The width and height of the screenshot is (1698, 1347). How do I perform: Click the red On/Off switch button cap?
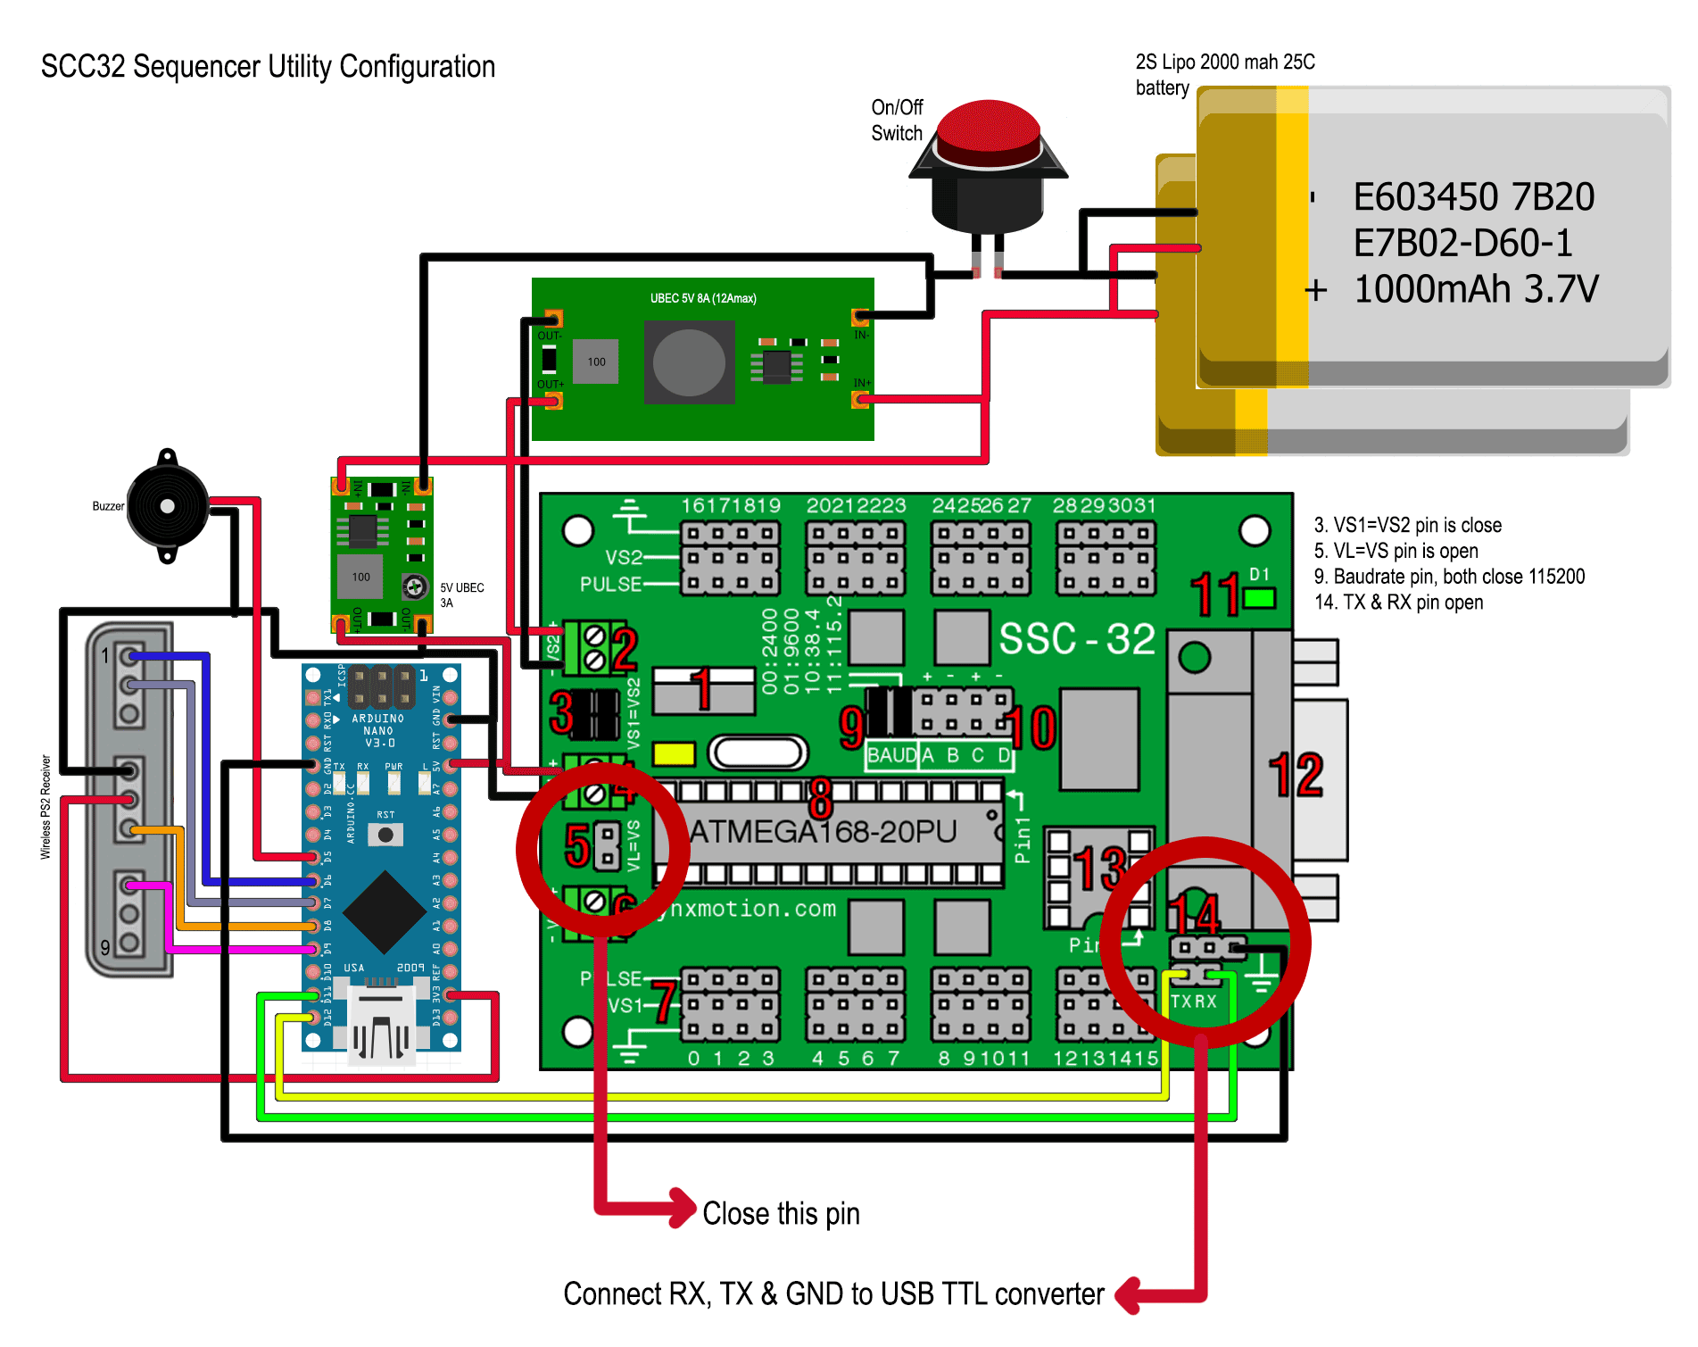click(990, 134)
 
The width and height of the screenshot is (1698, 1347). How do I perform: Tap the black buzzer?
click(167, 506)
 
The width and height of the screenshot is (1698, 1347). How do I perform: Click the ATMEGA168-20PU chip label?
click(823, 832)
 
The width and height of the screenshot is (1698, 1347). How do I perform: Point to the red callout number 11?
click(1215, 595)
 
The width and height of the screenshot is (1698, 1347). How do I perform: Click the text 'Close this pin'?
click(781, 1214)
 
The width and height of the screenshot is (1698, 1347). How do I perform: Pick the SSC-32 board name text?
click(1077, 639)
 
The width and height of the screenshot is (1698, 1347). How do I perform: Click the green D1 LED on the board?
click(1260, 598)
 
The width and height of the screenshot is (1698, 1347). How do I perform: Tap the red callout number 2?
click(624, 650)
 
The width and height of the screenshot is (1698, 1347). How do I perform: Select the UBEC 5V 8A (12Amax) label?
click(703, 298)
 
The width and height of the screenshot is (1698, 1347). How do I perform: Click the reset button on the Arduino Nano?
click(385, 835)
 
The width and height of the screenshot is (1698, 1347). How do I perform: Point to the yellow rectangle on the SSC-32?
click(674, 754)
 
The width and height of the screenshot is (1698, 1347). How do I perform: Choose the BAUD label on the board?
click(891, 755)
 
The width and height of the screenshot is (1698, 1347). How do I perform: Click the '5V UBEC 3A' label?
click(462, 595)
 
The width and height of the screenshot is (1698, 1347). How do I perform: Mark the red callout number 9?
click(852, 727)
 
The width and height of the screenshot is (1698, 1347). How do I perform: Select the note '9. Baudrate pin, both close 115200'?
click(1449, 577)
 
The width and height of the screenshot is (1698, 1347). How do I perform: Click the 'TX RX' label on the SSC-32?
click(1194, 1002)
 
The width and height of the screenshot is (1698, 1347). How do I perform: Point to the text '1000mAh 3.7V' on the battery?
click(1476, 289)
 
